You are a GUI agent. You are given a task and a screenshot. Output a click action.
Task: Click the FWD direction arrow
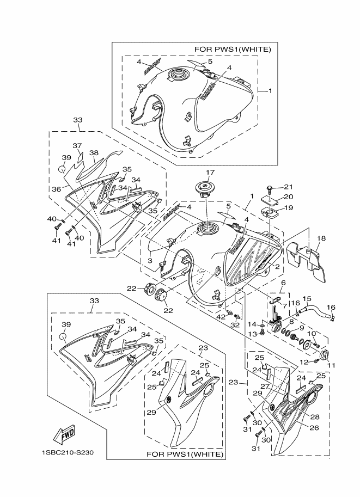[x=64, y=434]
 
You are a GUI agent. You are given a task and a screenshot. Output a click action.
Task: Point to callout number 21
[x=289, y=188]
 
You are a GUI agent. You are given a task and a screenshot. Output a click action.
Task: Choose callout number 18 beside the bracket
[x=321, y=238]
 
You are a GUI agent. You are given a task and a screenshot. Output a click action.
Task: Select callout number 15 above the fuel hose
[x=306, y=298]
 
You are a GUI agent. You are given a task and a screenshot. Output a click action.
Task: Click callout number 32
[x=235, y=324]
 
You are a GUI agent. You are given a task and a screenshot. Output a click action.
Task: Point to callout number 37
[x=77, y=145]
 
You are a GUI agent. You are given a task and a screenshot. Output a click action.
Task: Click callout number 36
[x=57, y=189]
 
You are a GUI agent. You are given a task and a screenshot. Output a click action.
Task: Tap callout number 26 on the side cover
[x=314, y=427]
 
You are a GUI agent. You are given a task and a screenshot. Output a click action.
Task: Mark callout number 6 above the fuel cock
[x=283, y=283]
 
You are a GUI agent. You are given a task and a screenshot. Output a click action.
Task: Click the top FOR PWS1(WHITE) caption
[x=240, y=49]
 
